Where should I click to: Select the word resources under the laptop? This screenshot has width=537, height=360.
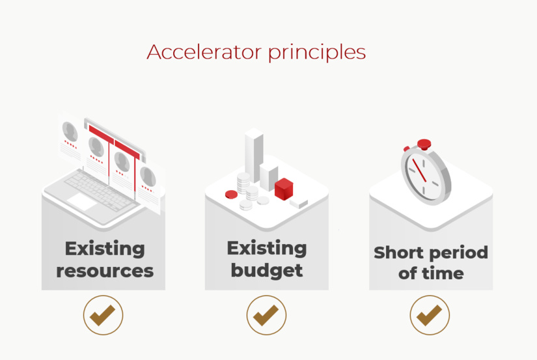(105, 270)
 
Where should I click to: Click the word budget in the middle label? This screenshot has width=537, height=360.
(267, 270)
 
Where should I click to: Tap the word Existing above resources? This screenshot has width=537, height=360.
(105, 248)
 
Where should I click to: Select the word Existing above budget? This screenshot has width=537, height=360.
(267, 248)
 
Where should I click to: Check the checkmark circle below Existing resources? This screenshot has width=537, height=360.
(103, 316)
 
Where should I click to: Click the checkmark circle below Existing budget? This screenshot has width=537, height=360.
(266, 316)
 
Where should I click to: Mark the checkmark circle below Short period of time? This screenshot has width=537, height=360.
(430, 316)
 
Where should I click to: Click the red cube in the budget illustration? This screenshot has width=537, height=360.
(284, 189)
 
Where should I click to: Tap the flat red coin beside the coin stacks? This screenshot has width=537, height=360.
(231, 194)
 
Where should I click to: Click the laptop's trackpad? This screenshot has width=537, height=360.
(83, 201)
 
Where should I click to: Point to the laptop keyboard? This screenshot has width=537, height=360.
(98, 186)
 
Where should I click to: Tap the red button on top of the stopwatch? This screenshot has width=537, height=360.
(424, 143)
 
